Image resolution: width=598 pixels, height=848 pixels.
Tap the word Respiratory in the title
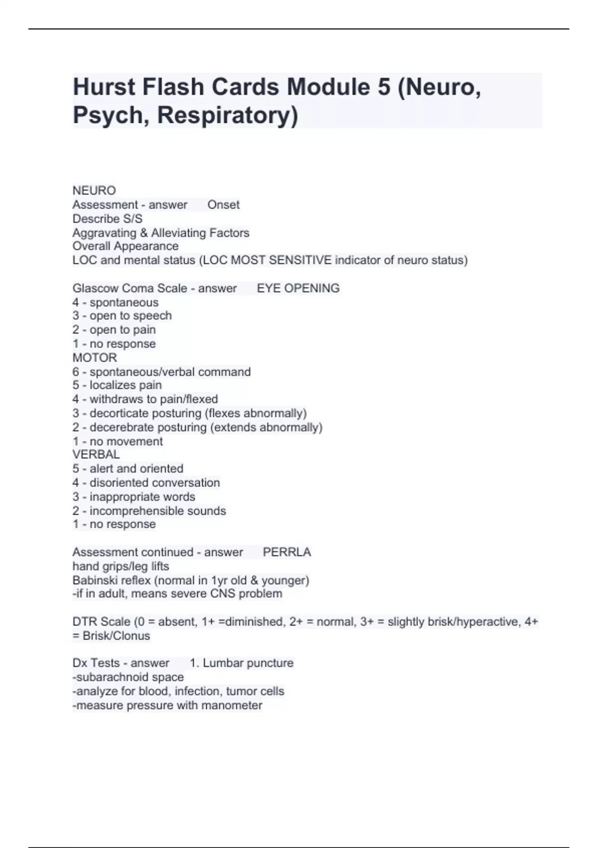click(227, 115)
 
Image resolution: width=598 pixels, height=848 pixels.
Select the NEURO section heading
click(94, 191)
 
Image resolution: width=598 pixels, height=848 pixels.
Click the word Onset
click(223, 205)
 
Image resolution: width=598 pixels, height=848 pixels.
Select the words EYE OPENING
click(298, 288)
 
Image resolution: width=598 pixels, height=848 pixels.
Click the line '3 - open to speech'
click(122, 316)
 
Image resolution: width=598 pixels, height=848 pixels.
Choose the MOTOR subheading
click(95, 358)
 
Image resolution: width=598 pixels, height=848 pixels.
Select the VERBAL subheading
click(96, 454)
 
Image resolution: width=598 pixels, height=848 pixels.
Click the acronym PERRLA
click(287, 552)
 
